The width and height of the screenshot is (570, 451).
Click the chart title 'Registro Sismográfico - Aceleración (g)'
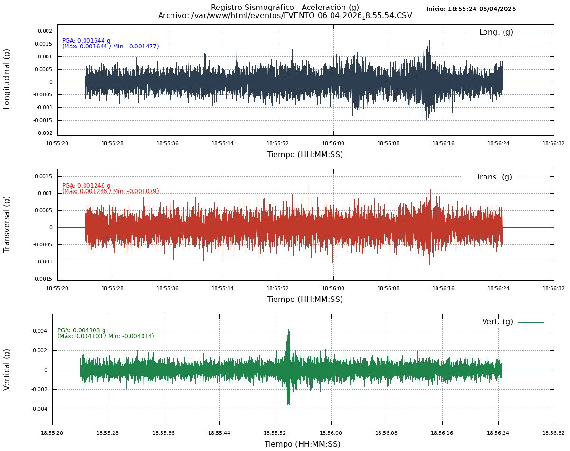285,7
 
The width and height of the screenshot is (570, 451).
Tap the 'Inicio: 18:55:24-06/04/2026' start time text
471,9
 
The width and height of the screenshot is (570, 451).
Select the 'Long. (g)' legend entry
496,32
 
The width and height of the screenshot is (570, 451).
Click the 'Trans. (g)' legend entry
494,177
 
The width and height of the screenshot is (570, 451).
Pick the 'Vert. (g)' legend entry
497,322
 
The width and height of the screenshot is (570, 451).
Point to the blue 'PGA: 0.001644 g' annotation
86,41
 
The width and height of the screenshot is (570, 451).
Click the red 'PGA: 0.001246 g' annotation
86,186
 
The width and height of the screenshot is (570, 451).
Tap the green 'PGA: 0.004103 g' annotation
82,330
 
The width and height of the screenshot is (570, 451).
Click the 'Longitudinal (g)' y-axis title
7,79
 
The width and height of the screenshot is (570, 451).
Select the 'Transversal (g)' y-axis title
7,224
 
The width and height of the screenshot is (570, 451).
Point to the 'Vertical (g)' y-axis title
7,369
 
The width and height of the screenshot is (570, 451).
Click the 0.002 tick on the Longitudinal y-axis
45,31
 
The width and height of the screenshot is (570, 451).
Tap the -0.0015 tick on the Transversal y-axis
43,279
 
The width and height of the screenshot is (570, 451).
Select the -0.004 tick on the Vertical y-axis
39,409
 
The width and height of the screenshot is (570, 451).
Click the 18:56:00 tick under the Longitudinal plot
333,143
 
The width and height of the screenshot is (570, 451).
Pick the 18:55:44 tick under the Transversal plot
223,288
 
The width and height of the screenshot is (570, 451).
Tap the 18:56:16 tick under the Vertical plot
442,433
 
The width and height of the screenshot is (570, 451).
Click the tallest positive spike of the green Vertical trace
288,330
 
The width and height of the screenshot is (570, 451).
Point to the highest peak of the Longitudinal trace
429,41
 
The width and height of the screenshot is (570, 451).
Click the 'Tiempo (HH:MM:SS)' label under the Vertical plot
303,444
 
